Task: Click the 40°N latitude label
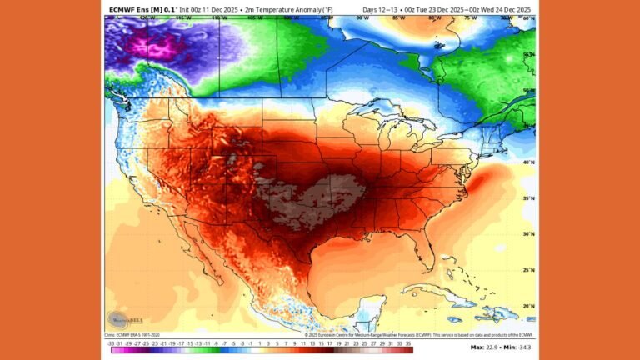click(528, 162)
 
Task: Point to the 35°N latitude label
click(528, 198)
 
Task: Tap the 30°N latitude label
click(528, 234)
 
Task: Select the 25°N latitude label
click(528, 270)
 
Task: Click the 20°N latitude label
click(528, 306)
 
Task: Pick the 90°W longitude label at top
click(362, 17)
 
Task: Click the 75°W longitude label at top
click(471, 17)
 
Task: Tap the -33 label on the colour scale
click(111, 342)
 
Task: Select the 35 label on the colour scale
click(431, 342)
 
